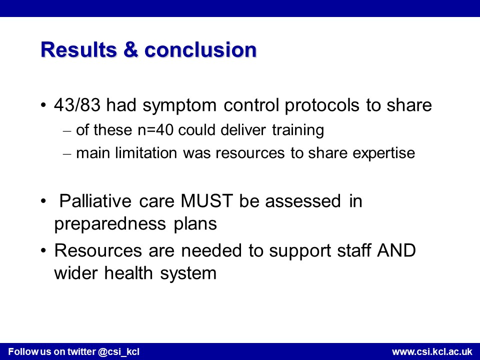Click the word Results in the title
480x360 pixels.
(x=78, y=49)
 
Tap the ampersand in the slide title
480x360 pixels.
(x=130, y=49)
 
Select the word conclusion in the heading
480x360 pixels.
(x=200, y=49)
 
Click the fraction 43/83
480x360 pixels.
(x=77, y=105)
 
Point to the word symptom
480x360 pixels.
(x=179, y=106)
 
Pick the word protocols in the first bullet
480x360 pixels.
(x=322, y=106)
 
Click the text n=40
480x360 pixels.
(x=155, y=130)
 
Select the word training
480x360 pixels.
(x=298, y=130)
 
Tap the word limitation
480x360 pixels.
(x=146, y=153)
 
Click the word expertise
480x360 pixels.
(x=384, y=153)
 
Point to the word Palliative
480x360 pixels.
(x=95, y=201)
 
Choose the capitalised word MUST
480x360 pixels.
(x=206, y=201)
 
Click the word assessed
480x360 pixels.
(x=303, y=201)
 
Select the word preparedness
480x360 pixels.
(x=110, y=224)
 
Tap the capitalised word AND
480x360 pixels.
(x=396, y=250)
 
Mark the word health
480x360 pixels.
(x=128, y=272)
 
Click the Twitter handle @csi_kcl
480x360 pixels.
(x=119, y=351)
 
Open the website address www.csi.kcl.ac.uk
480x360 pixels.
(x=432, y=351)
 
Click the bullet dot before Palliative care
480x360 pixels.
(x=43, y=201)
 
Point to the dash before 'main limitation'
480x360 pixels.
(x=67, y=154)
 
